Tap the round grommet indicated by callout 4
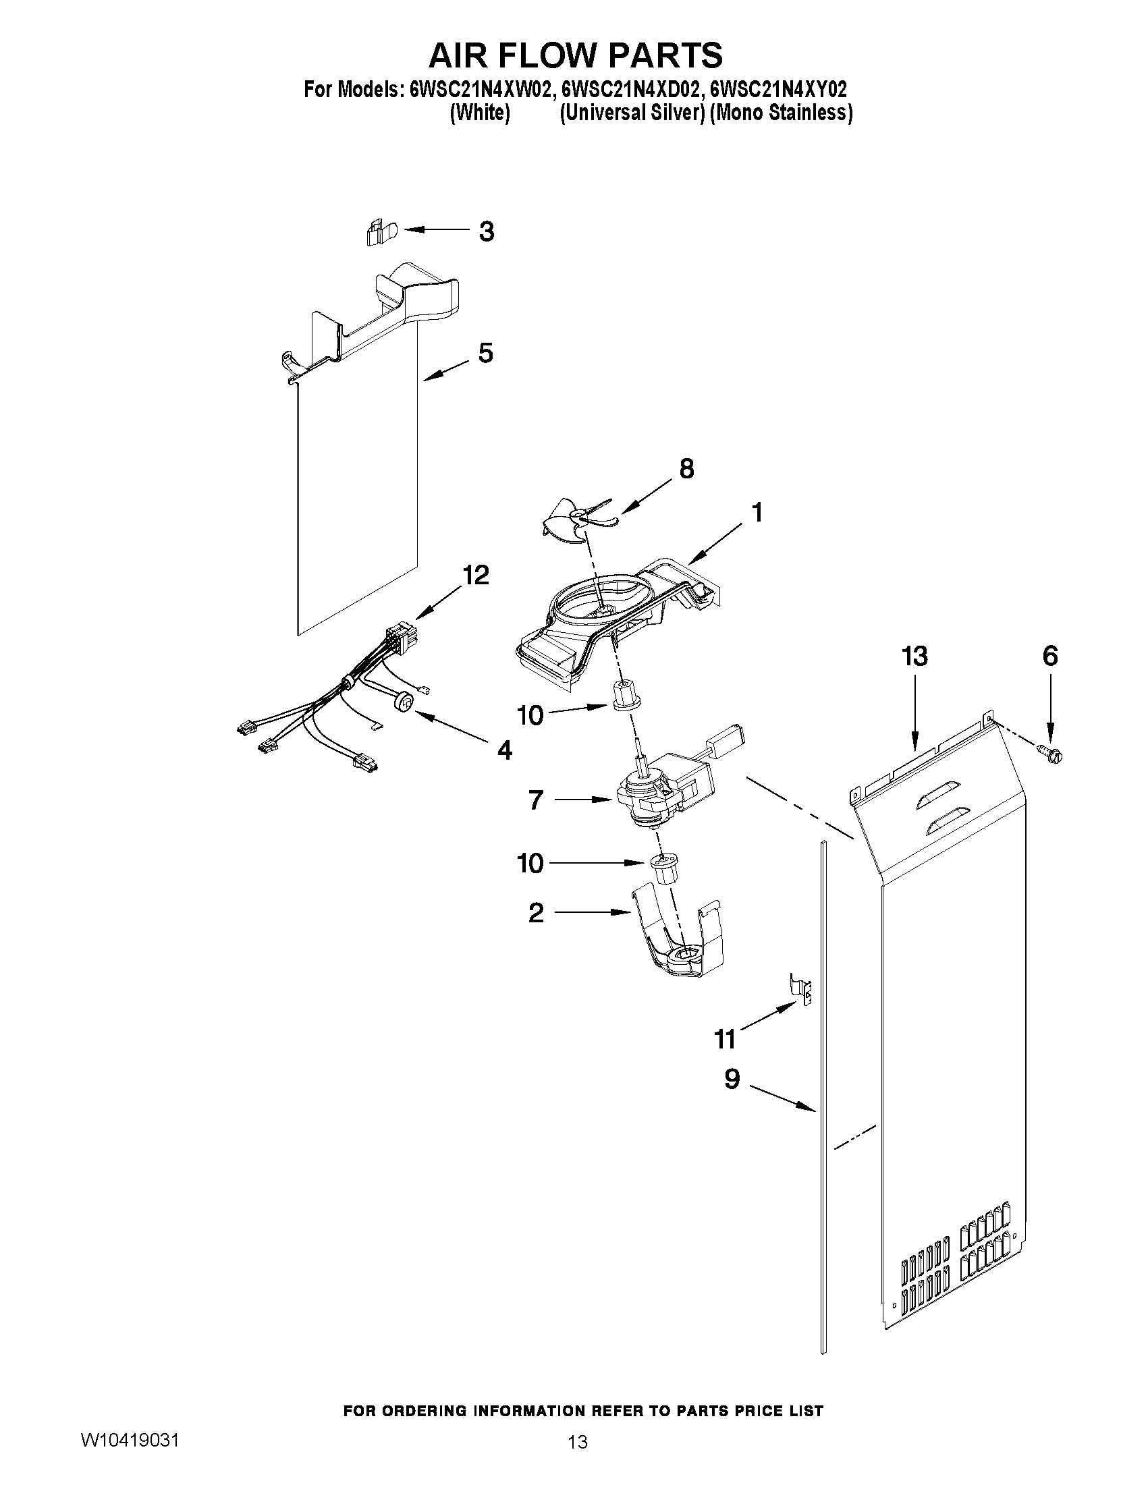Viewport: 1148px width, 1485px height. coord(404,701)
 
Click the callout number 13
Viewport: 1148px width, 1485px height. coord(914,656)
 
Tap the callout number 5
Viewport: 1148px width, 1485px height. coord(485,353)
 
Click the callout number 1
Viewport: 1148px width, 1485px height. coord(757,512)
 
